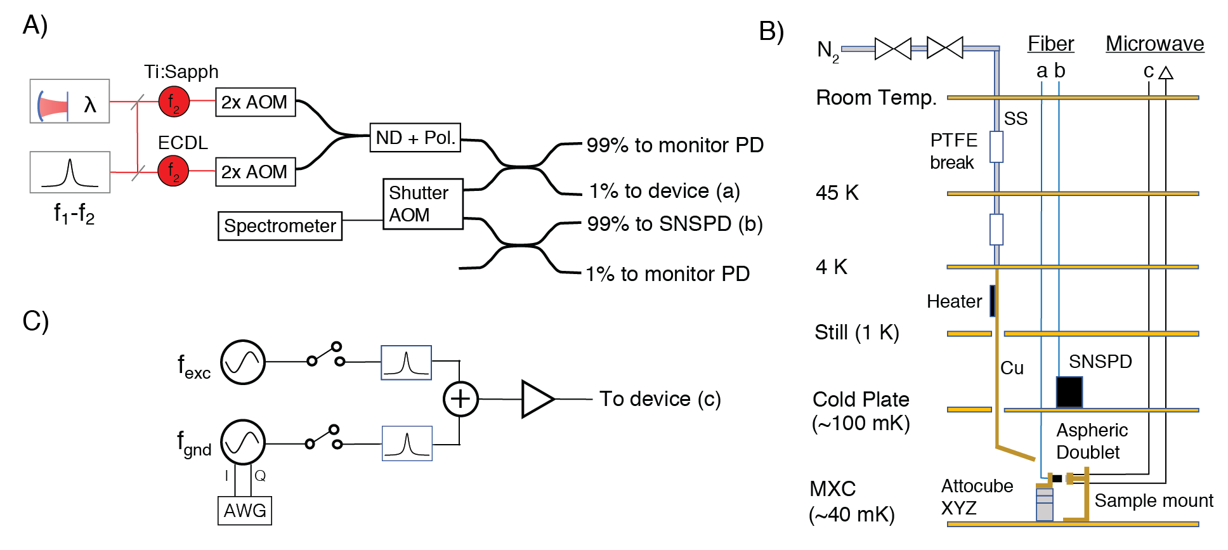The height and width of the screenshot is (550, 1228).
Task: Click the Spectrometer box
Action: [x=280, y=226]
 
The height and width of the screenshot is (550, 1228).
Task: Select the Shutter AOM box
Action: [x=423, y=204]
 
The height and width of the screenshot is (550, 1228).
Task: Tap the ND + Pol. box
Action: [x=415, y=138]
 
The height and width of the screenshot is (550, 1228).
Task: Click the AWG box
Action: [x=245, y=511]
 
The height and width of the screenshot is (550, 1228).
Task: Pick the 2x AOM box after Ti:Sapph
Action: [x=256, y=102]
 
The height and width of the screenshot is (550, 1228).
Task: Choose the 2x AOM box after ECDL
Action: [x=256, y=172]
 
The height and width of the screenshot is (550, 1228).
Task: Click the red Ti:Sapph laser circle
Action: [x=174, y=101]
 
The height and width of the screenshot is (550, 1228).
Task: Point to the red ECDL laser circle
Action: [x=173, y=171]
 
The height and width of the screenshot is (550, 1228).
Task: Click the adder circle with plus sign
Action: [x=460, y=399]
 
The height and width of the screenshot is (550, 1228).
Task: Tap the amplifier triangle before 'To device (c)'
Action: [x=536, y=399]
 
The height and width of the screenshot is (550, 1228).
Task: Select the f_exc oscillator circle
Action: [x=243, y=362]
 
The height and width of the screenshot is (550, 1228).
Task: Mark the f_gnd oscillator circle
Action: [x=243, y=442]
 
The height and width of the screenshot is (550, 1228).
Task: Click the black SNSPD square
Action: [x=1069, y=392]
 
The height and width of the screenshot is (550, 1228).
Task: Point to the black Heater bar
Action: [x=992, y=301]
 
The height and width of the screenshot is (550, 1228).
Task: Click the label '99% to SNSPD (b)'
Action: [x=674, y=224]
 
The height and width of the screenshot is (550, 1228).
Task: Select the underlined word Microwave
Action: [x=1154, y=44]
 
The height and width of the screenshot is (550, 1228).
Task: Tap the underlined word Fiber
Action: [x=1050, y=44]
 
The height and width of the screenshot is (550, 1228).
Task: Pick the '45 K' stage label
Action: [x=837, y=193]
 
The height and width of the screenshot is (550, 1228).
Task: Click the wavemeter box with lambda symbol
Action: [x=70, y=101]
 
